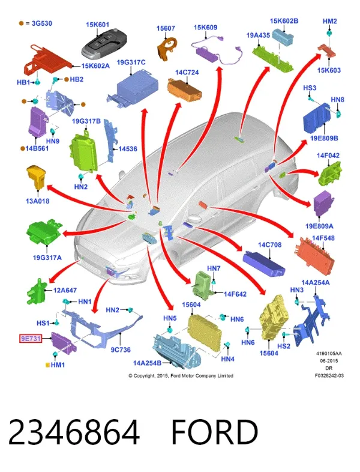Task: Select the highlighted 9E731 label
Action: coord(31,339)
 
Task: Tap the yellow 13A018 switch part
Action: coord(36,177)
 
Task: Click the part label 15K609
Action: coord(205,28)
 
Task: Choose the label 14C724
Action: coord(187,73)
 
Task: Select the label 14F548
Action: coord(323,238)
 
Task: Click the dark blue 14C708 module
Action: coord(263,264)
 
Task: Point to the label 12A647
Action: coord(65,291)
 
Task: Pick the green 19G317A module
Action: coord(45,232)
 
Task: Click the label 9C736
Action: coord(121,349)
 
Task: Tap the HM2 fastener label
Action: coord(329,22)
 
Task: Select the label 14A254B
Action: coord(147,363)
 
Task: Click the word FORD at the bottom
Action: coord(215,432)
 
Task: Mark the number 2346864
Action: coord(74,432)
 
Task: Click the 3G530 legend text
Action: coord(42,23)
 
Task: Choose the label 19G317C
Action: coord(131,62)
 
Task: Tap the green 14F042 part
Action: coord(330,174)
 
